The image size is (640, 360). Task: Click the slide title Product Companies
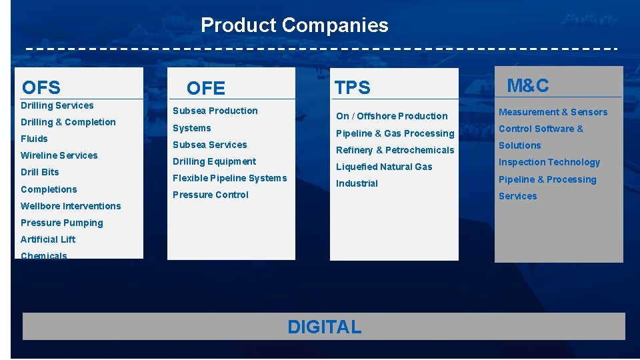294,25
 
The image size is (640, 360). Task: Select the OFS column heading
41,87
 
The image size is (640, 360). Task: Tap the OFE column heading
206,88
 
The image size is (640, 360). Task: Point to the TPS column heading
352,87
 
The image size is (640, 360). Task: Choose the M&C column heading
528,85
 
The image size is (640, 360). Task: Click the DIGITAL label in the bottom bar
324,327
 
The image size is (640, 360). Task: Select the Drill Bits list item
40,172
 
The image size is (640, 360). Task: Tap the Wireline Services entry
59,155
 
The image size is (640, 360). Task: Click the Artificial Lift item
48,239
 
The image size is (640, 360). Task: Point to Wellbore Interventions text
71,206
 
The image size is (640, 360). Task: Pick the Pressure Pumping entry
62,223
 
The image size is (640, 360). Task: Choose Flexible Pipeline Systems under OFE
229,178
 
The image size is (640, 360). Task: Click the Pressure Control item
211,195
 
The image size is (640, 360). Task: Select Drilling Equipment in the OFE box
214,161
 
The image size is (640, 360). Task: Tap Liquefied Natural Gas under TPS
384,167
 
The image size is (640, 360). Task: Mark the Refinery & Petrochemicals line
395,150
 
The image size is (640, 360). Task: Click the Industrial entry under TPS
357,183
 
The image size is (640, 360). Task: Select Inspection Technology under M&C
549,162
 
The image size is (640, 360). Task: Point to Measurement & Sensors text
553,112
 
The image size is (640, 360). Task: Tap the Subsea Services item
210,145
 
